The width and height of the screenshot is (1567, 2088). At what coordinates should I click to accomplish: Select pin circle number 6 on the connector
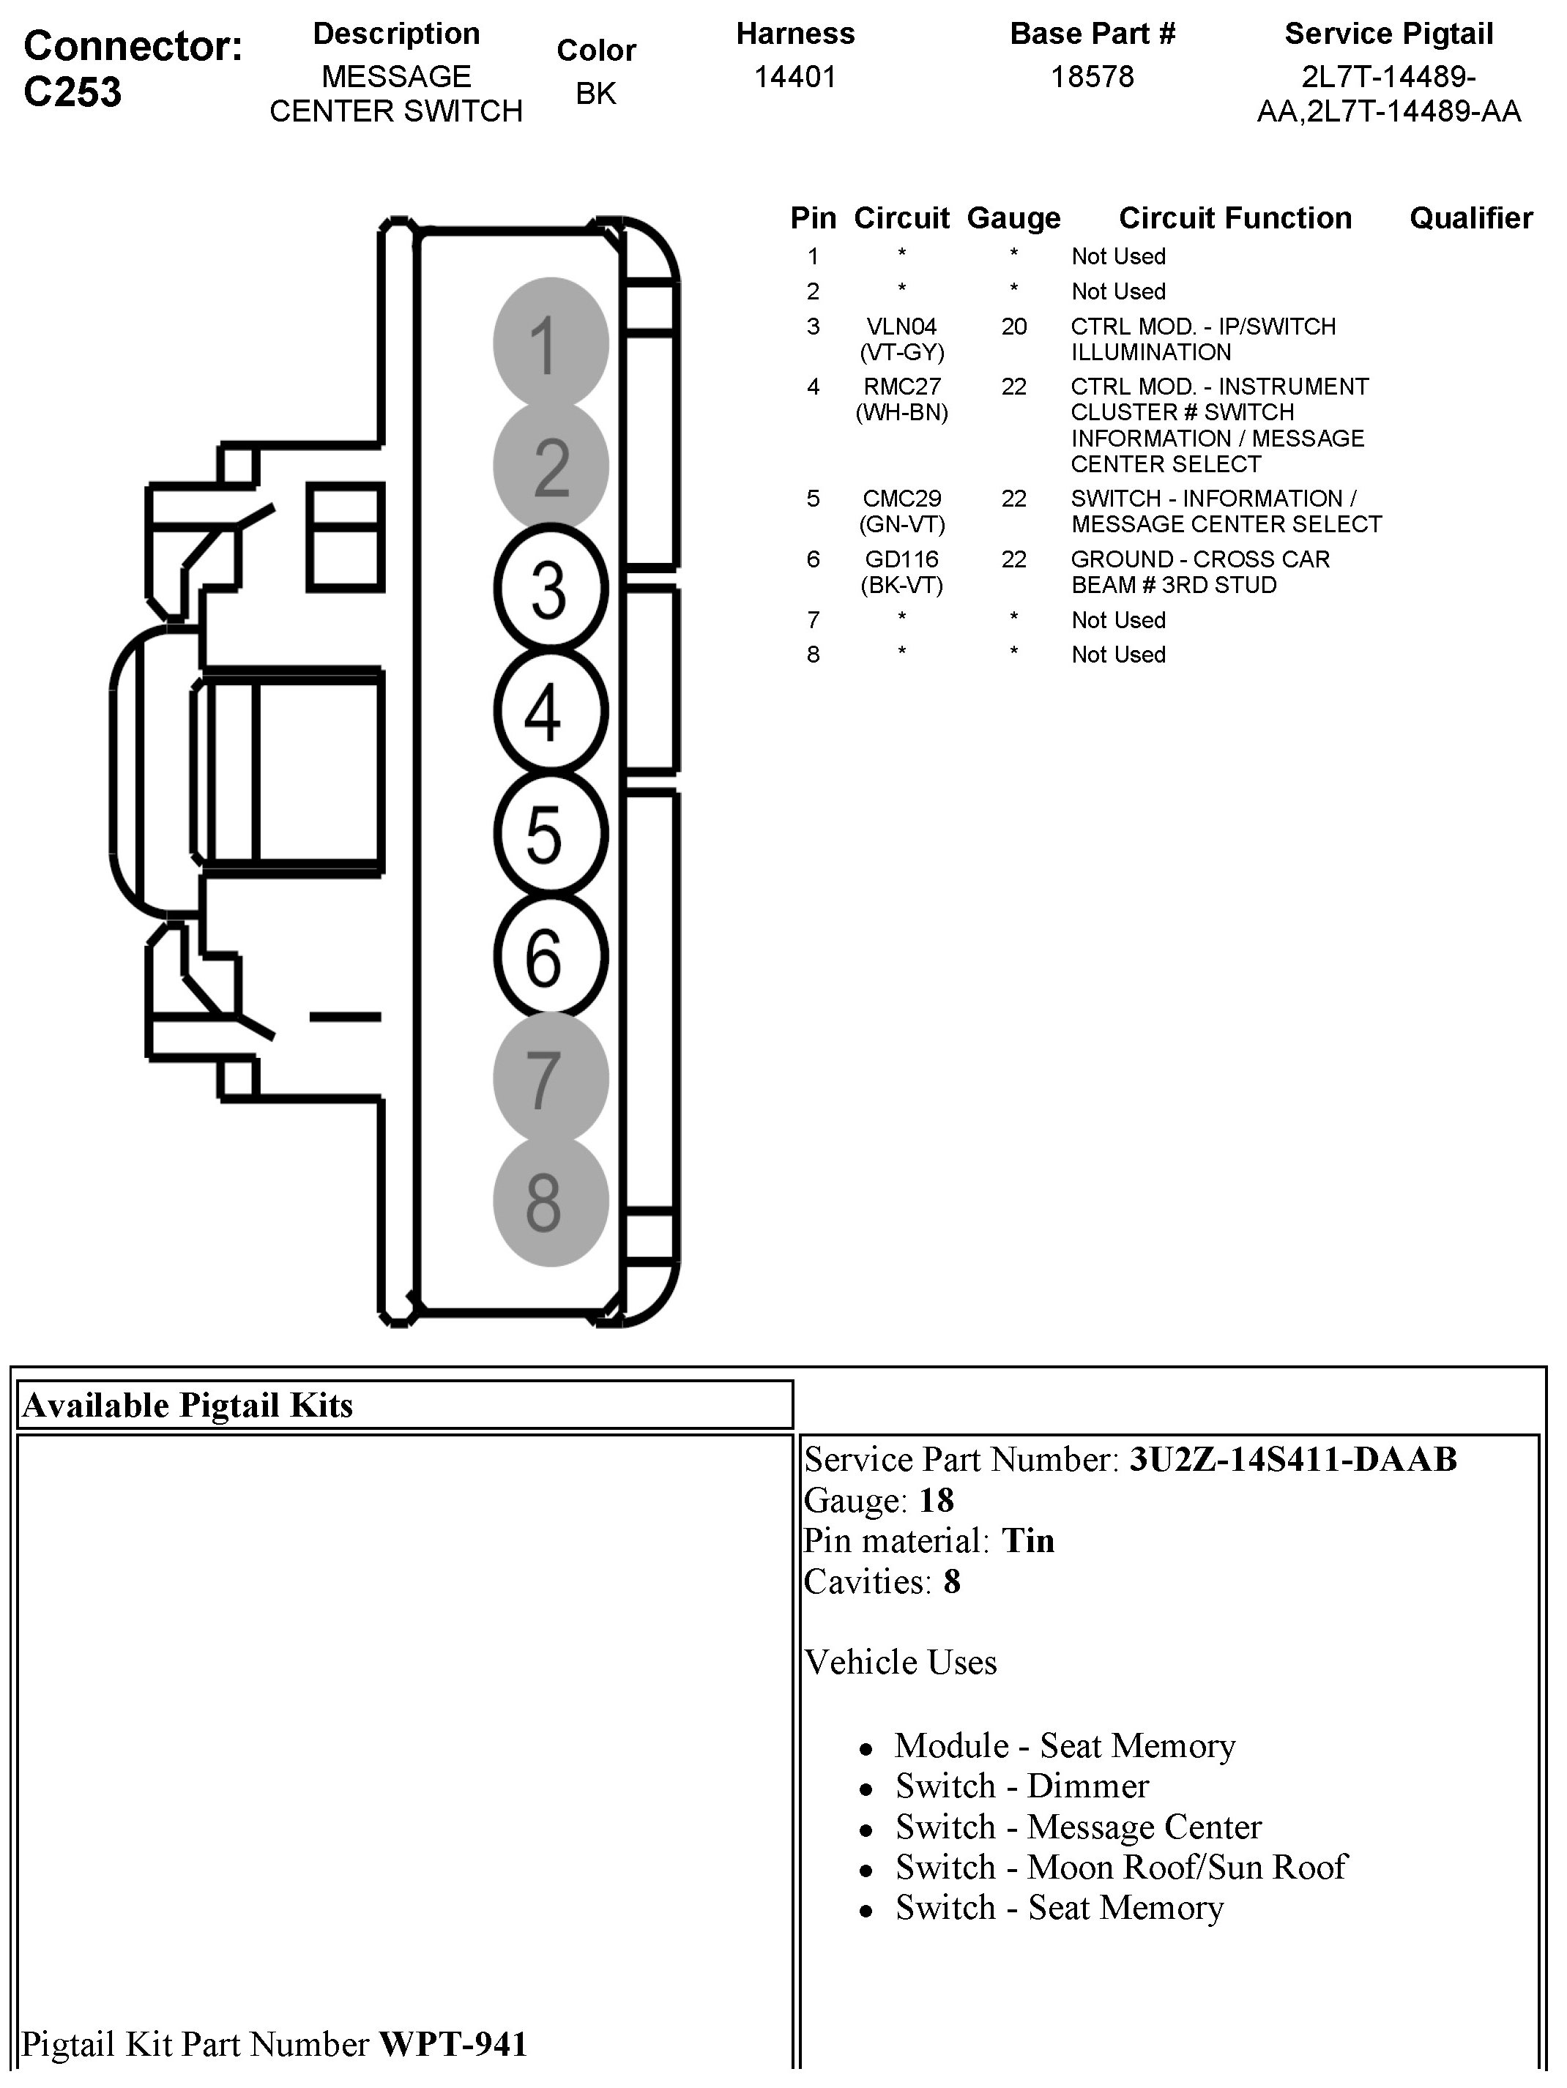tap(549, 956)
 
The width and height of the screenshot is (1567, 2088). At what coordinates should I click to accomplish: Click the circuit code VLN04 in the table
tap(901, 327)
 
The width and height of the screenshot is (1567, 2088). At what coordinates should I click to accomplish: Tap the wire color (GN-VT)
tap(901, 524)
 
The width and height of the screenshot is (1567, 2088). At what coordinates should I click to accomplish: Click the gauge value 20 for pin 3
tap(1014, 327)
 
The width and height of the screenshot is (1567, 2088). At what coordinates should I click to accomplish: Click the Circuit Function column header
tap(1235, 218)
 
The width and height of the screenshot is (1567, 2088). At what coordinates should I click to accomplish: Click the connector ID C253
tap(72, 92)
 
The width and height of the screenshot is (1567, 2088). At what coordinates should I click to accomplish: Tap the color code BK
tap(595, 94)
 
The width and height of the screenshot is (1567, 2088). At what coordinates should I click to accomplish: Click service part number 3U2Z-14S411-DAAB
tap(1293, 1459)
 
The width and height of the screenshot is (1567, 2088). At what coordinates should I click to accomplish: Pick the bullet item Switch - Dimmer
tap(1021, 1786)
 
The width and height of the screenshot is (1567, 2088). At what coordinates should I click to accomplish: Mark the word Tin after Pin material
tap(1027, 1540)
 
